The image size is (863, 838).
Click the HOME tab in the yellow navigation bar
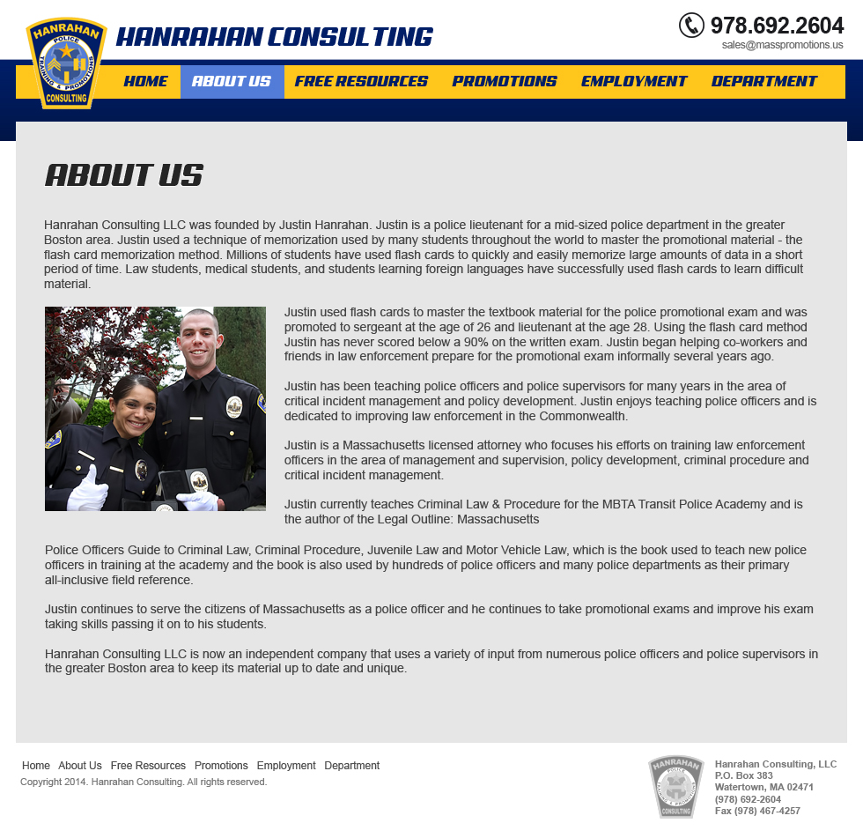[145, 81]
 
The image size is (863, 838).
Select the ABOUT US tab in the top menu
[232, 81]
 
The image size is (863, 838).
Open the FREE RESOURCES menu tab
[361, 81]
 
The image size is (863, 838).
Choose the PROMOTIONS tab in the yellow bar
[505, 81]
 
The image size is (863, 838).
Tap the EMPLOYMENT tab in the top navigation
[634, 81]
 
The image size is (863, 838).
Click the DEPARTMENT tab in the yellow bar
[764, 81]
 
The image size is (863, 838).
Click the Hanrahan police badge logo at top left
[67, 63]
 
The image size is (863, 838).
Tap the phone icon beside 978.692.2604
[691, 25]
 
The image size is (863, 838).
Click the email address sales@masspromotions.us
[782, 45]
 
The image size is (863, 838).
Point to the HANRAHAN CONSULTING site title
[275, 37]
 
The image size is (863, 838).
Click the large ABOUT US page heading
[124, 175]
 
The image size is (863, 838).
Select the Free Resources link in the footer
[148, 766]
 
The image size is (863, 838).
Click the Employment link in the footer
[286, 766]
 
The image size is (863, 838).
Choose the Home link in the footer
[36, 766]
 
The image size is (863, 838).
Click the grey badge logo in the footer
[676, 786]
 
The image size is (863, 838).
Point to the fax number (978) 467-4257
[757, 811]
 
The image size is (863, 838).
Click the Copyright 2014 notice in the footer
[144, 782]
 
